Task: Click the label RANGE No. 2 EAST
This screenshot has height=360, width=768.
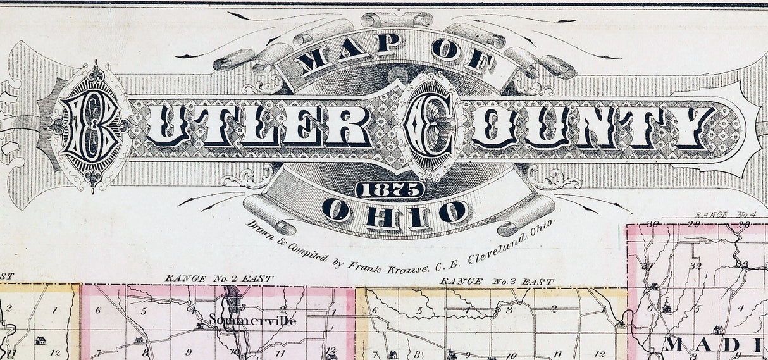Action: click(x=218, y=278)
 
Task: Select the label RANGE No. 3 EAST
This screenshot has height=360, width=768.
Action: click(x=497, y=281)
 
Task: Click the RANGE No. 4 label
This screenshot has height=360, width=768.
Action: click(x=721, y=215)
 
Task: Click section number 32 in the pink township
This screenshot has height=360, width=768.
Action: click(x=695, y=265)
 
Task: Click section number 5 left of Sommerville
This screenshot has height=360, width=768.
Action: click(x=144, y=311)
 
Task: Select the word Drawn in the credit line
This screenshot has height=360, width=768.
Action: click(x=259, y=230)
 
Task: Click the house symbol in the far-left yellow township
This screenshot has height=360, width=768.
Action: click(x=40, y=340)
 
